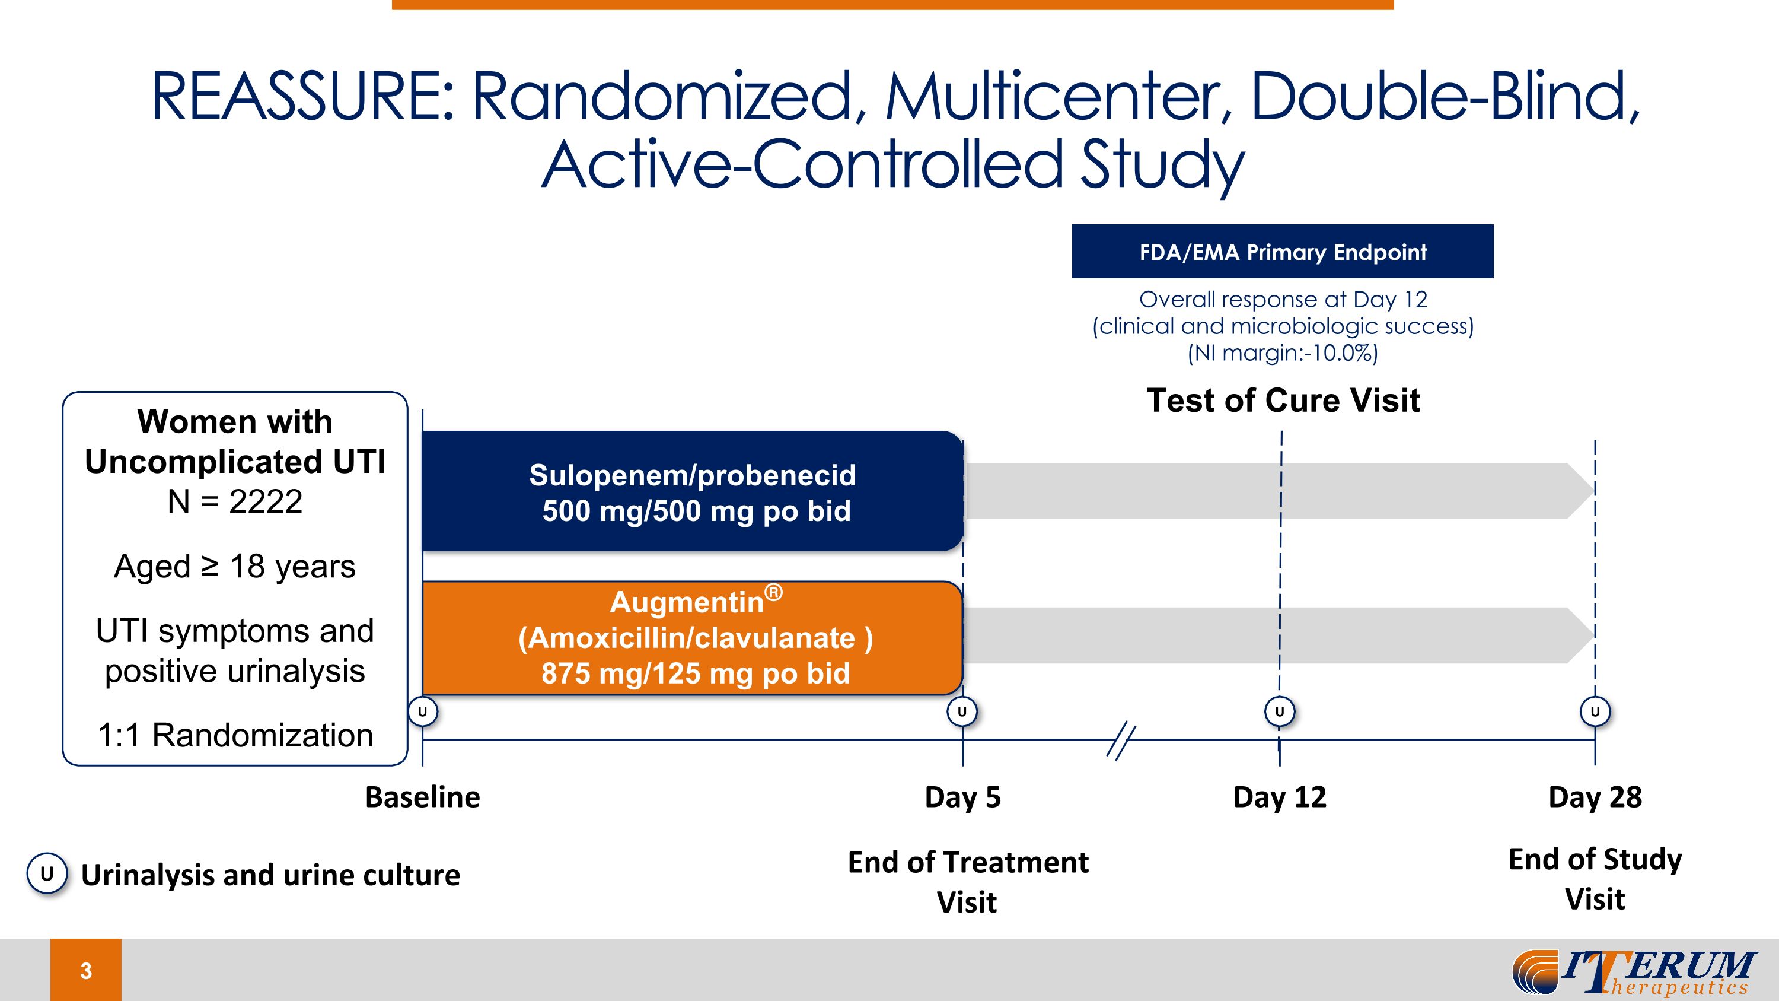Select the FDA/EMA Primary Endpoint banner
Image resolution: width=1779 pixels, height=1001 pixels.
1281,252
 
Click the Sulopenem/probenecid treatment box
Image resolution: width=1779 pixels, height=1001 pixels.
692,492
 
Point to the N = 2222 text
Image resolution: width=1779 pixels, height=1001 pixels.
235,501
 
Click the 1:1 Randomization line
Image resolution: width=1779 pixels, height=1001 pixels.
235,735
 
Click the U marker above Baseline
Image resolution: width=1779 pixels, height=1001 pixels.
423,711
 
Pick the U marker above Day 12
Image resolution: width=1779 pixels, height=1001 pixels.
1279,711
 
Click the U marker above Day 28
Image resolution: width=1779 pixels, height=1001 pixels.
1595,711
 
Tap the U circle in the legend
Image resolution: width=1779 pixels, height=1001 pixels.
47,874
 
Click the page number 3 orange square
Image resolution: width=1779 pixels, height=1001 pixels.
85,970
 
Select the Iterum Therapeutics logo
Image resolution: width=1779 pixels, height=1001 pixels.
1633,971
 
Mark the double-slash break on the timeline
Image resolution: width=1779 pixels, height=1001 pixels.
1120,741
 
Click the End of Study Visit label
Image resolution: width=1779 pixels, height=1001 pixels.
1595,879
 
